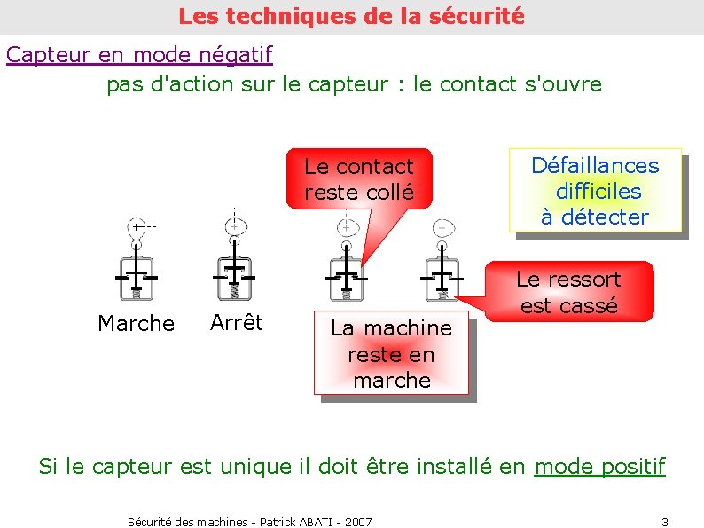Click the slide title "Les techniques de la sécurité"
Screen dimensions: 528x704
click(x=351, y=16)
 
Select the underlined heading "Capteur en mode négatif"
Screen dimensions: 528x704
click(x=139, y=54)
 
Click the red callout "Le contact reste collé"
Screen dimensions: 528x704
click(x=358, y=178)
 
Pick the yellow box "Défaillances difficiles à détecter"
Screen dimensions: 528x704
click(x=595, y=191)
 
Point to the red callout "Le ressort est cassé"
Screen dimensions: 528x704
click(x=568, y=292)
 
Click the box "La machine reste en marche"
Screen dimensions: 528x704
click(x=391, y=354)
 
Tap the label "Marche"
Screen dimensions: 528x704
click(x=136, y=324)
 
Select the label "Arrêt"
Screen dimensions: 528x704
click(x=237, y=322)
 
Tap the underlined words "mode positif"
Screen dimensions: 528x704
click(x=599, y=466)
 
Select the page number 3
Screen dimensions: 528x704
click(x=665, y=521)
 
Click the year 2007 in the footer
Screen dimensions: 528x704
click(x=358, y=522)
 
